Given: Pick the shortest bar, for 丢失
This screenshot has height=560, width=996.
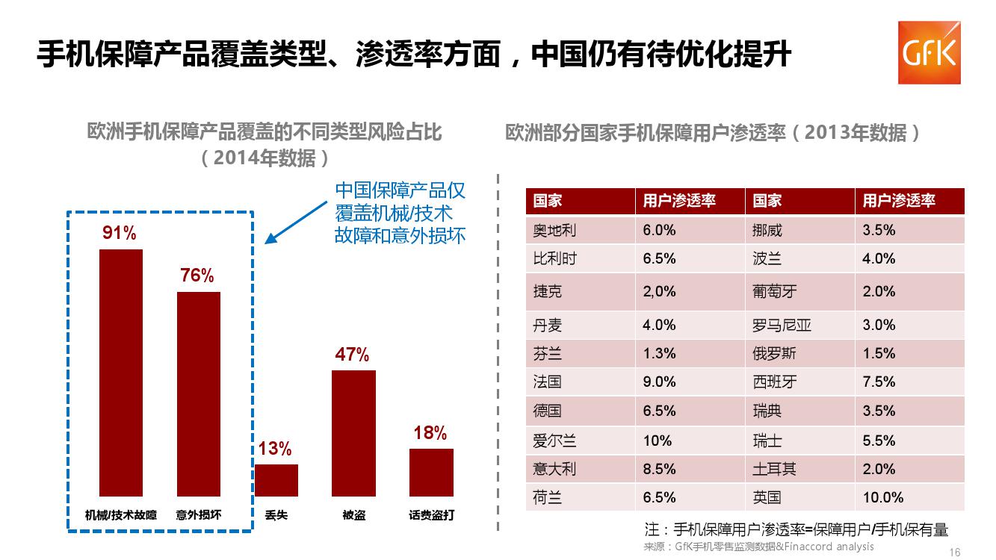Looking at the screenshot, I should tap(276, 480).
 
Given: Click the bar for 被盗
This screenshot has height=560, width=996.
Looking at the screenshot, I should tap(353, 433).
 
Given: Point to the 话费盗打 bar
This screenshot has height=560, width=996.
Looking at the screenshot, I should tap(431, 472).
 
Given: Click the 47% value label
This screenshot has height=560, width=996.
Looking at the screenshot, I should tap(352, 355).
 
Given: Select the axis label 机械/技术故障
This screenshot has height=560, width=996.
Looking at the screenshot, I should tap(121, 515).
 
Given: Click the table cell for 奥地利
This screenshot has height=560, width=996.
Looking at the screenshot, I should tap(554, 231).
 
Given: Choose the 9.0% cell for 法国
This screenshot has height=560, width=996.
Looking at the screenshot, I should tap(659, 382).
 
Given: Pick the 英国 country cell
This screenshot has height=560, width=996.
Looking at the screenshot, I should tap(767, 498).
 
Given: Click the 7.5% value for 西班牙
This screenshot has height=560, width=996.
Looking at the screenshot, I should tap(879, 382).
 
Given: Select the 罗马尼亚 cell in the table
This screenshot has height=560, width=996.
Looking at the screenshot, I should tap(782, 326).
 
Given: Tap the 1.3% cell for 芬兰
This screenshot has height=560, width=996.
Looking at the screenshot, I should tap(659, 354).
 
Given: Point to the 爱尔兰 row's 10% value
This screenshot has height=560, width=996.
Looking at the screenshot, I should tap(658, 441).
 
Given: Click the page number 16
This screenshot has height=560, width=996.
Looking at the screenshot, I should tap(954, 553).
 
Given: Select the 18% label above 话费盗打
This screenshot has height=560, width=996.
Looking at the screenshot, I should tap(430, 433).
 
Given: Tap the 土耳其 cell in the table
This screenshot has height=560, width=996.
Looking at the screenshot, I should tap(774, 470).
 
